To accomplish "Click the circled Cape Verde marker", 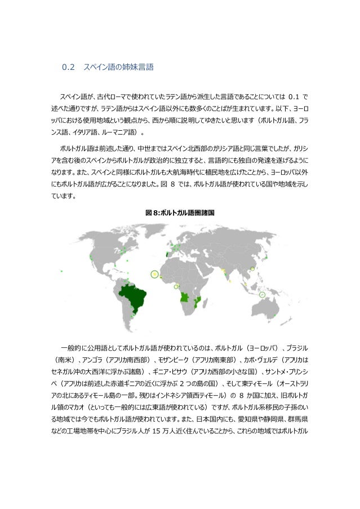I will pyautogui.click(x=154, y=275).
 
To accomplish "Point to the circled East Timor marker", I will pyautogui.click(x=262, y=294).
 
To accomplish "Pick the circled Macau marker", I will pyautogui.click(x=252, y=269).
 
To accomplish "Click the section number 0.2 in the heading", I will pyautogui.click(x=68, y=68).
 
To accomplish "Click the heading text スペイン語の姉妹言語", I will pyautogui.click(x=118, y=68).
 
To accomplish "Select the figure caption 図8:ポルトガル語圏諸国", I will pyautogui.click(x=180, y=213).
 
